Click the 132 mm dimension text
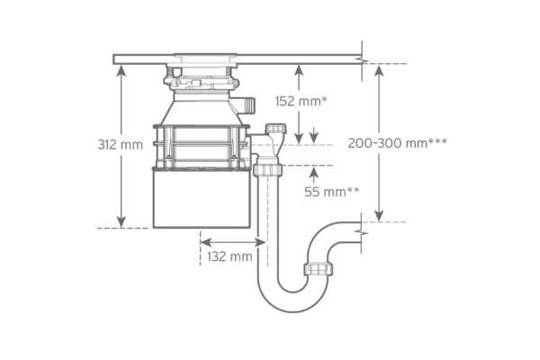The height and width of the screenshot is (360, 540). pos(229,256)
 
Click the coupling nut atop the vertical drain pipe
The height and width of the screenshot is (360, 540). pos(267,169)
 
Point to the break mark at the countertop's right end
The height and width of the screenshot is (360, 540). pos(363,58)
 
